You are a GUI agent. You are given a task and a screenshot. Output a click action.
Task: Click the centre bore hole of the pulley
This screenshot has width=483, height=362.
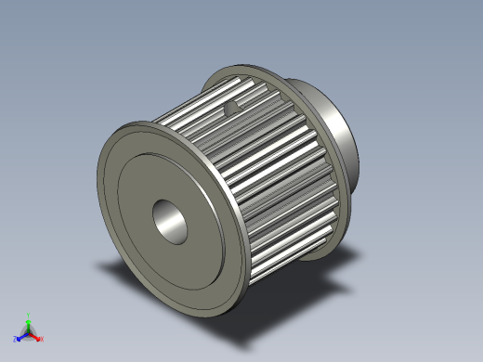[171, 219]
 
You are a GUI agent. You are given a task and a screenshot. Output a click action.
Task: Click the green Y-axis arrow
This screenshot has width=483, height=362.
[29, 320]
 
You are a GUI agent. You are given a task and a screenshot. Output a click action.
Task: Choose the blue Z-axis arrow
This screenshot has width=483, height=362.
[20, 337]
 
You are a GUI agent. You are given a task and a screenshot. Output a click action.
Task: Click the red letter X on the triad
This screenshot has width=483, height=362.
[42, 340]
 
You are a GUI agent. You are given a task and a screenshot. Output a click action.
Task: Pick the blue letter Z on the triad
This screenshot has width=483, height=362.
[15, 340]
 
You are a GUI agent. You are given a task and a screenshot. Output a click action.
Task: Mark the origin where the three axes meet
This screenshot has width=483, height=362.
[29, 332]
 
